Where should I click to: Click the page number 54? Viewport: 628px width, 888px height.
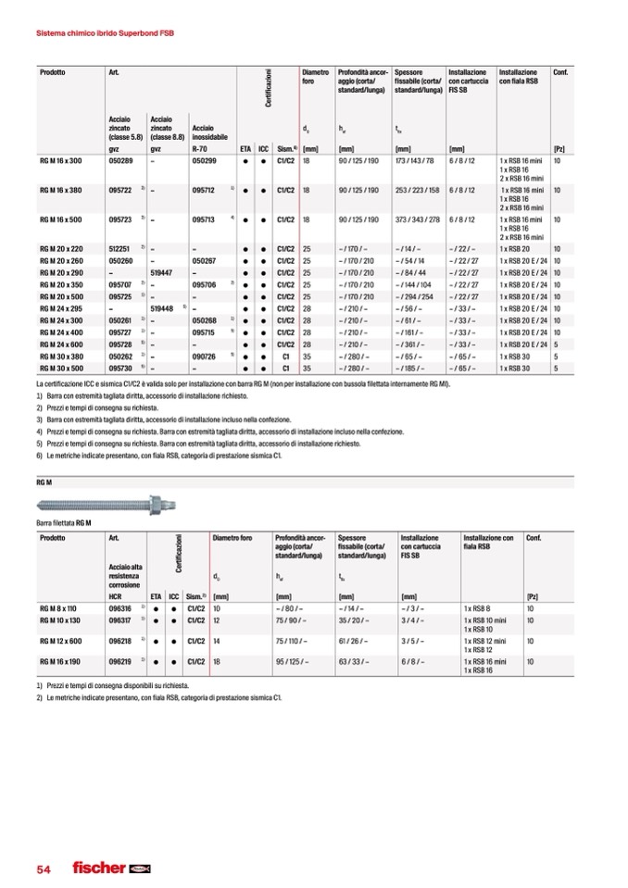click(x=44, y=868)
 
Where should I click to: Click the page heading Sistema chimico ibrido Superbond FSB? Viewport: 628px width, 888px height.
click(x=104, y=32)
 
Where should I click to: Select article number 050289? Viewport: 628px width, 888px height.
click(x=120, y=161)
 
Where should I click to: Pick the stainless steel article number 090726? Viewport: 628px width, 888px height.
click(x=205, y=356)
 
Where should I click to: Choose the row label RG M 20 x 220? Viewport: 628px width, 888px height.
click(x=62, y=248)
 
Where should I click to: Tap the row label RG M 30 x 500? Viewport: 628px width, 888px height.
click(x=62, y=368)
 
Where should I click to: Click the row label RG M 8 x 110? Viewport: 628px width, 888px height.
click(x=59, y=609)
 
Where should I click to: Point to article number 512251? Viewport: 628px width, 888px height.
click(x=120, y=248)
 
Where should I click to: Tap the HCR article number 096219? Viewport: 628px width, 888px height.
click(x=120, y=662)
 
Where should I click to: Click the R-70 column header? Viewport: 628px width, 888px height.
click(x=200, y=148)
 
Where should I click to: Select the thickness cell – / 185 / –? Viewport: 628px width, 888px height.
click(x=410, y=368)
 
